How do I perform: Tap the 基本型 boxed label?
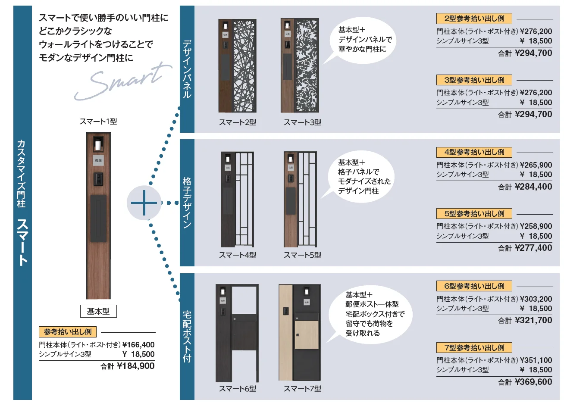click(x=98, y=311)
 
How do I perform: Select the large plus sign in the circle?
click(x=144, y=203)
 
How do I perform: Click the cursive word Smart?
click(x=123, y=81)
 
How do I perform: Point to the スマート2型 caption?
click(x=238, y=122)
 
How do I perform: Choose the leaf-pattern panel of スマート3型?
click(x=307, y=66)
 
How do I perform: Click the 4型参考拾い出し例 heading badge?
click(x=474, y=152)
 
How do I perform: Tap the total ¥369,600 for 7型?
click(x=533, y=382)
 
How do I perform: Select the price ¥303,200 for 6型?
click(x=536, y=299)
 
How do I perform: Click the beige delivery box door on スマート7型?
click(x=307, y=334)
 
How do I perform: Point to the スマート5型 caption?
click(x=302, y=255)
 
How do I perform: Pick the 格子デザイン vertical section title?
click(x=187, y=203)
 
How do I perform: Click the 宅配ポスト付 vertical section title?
click(x=187, y=337)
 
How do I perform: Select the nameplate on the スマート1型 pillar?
click(x=98, y=160)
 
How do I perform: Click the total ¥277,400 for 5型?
click(x=533, y=248)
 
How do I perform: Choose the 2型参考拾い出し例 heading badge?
click(x=474, y=19)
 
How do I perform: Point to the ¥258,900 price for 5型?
click(x=536, y=226)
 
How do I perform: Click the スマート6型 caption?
click(x=238, y=389)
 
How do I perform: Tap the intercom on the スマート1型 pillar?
click(x=98, y=179)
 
